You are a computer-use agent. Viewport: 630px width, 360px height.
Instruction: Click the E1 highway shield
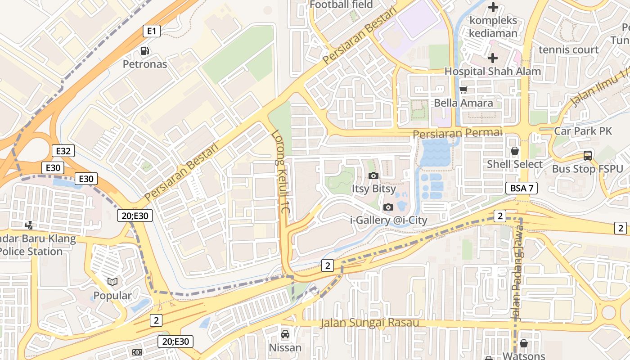point(152,31)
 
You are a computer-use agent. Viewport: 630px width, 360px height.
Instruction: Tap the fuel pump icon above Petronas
point(144,51)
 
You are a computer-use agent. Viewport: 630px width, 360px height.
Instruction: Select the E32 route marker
point(63,151)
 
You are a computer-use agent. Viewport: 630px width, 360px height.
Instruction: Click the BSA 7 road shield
point(522,188)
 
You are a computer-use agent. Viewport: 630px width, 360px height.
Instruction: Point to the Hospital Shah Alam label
point(492,71)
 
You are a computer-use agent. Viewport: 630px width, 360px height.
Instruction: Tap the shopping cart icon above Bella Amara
point(463,90)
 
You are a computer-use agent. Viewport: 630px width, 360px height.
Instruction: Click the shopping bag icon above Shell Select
point(514,151)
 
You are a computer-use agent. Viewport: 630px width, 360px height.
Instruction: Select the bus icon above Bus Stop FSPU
point(587,156)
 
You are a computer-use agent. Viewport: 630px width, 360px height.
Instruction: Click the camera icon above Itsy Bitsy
point(373,175)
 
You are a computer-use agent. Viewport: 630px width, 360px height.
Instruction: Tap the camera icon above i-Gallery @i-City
point(388,207)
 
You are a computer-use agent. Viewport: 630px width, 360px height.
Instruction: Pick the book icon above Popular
point(112,282)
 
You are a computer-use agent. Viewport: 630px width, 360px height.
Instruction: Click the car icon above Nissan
point(285,334)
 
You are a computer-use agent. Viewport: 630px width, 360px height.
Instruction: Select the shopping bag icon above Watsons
point(523,343)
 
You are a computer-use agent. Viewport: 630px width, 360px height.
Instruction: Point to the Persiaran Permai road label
point(457,133)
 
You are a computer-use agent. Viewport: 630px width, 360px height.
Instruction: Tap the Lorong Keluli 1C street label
point(281,172)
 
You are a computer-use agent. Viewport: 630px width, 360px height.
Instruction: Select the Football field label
point(341,4)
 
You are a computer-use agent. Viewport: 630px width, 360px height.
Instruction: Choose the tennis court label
point(568,49)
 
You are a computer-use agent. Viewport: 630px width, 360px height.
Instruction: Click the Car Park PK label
point(583,131)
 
